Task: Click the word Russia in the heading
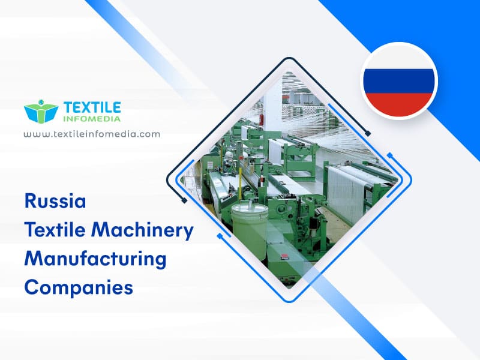55,200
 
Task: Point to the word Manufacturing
95,259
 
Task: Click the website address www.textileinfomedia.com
92,134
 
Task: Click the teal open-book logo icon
41,112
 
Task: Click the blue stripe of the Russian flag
399,81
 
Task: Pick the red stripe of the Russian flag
399,103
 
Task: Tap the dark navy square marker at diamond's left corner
184,200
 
